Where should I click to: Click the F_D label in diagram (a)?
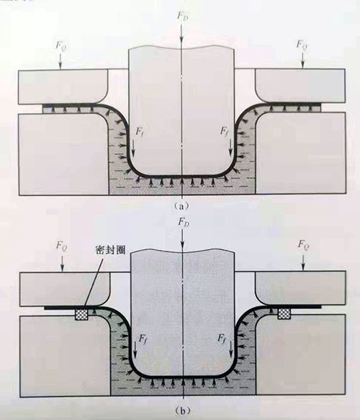[x=182, y=16]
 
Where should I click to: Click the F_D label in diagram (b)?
[x=184, y=221]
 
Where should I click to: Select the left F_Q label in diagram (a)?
[x=61, y=45]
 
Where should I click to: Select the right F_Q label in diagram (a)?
[x=302, y=45]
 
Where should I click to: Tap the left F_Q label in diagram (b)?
[x=63, y=246]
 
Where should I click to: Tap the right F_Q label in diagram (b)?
[x=304, y=245]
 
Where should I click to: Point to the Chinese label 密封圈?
[x=110, y=250]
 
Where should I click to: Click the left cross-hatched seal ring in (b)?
[x=81, y=314]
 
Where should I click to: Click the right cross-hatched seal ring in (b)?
[x=284, y=313]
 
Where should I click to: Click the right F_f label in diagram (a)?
[x=225, y=131]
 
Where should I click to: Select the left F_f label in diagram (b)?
[x=143, y=339]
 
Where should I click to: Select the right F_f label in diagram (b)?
[x=222, y=338]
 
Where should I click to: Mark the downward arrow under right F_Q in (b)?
[x=303, y=261]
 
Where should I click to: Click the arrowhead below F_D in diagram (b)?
[x=183, y=245]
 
